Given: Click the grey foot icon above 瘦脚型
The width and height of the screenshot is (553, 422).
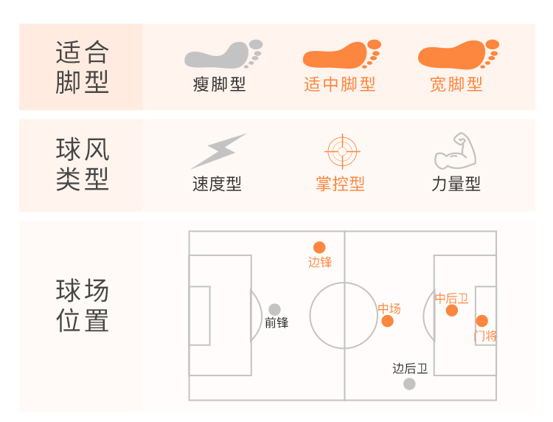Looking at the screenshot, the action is click(x=223, y=56).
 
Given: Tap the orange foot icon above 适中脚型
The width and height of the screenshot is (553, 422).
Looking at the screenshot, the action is click(x=341, y=56).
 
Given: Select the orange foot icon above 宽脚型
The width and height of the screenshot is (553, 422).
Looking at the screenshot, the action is click(x=456, y=56).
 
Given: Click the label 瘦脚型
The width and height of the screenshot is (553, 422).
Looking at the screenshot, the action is click(x=219, y=85).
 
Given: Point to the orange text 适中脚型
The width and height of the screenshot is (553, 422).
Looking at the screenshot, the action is click(x=340, y=85).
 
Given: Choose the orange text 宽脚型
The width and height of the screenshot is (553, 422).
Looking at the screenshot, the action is click(x=456, y=85).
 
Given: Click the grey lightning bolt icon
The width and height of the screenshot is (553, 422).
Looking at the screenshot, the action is click(x=218, y=151).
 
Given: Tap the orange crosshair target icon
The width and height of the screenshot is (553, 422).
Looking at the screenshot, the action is click(x=341, y=151).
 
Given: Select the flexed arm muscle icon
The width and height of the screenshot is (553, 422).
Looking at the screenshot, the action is click(x=456, y=151).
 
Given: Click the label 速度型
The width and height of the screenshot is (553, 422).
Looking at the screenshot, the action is click(x=217, y=184).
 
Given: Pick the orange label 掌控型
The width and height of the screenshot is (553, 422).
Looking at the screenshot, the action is click(x=340, y=184).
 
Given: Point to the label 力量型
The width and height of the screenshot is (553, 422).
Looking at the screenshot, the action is click(x=456, y=184).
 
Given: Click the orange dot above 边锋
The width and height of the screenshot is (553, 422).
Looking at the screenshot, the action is click(x=319, y=248).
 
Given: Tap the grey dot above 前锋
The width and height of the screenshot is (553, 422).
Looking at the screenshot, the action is click(x=274, y=310).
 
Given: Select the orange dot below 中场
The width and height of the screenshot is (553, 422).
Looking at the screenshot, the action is click(x=388, y=321).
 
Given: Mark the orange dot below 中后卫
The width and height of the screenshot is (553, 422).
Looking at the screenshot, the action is click(x=452, y=311).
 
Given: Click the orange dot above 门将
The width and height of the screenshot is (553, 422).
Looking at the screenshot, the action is click(x=482, y=321).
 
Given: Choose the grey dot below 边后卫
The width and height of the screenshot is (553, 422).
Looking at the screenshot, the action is click(x=409, y=384).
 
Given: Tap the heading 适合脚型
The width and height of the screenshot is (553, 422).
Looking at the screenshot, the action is click(x=83, y=68).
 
